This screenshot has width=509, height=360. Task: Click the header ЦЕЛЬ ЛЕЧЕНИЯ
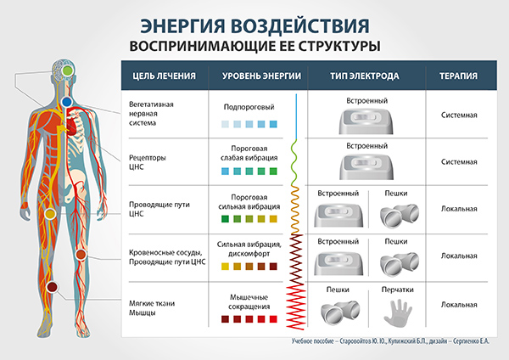tap(164, 76)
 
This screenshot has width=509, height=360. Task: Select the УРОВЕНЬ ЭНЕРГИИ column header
tap(261, 76)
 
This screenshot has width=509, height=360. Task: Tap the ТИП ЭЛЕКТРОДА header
tap(365, 76)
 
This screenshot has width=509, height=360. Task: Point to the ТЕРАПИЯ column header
tap(458, 76)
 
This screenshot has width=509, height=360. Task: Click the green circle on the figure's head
tap(67, 70)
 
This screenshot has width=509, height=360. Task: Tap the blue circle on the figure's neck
tap(66, 102)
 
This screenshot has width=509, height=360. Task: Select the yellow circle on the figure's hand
tap(50, 213)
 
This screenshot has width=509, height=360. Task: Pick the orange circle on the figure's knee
tap(81, 255)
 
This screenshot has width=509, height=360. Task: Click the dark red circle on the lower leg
tap(52, 287)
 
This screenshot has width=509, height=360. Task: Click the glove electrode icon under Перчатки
tap(398, 312)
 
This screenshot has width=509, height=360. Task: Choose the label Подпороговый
tap(249, 107)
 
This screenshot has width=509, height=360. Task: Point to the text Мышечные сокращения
tap(249, 302)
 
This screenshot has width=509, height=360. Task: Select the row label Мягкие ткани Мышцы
tap(152, 308)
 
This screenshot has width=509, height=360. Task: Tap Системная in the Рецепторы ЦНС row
tap(459, 162)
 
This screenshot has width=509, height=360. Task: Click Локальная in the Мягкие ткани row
tap(459, 305)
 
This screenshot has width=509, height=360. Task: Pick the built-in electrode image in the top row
tap(366, 121)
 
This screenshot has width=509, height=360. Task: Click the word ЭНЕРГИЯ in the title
tap(182, 26)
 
